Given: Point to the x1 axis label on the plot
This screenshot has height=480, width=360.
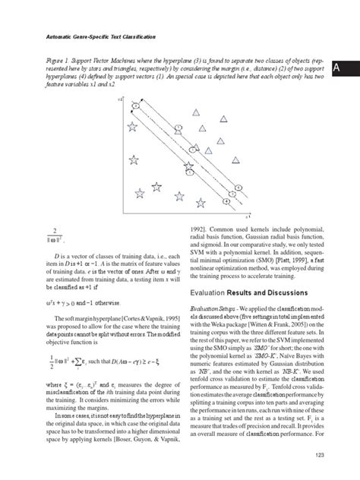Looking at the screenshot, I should pos(248,215).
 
